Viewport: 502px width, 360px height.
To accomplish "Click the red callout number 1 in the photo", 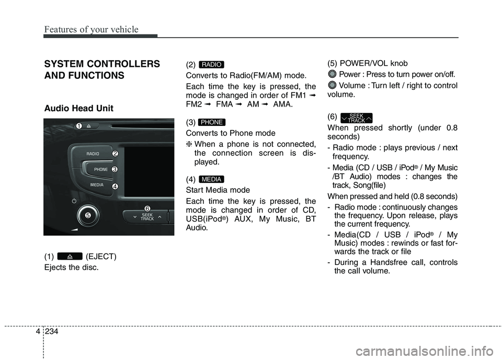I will (x=78, y=126).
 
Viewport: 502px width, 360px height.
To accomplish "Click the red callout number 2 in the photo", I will (x=115, y=153).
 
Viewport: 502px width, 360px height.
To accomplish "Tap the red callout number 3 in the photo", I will (x=115, y=169).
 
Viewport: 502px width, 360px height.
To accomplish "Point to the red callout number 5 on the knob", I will (x=88, y=215).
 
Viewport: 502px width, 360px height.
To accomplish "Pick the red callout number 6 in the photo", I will (x=147, y=209).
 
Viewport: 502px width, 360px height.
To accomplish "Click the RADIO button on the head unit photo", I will (x=93, y=154).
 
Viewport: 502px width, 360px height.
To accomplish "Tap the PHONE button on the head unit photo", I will (x=101, y=170).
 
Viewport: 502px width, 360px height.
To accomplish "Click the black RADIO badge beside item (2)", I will (x=212, y=65).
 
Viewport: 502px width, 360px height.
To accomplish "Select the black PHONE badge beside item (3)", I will (x=212, y=122).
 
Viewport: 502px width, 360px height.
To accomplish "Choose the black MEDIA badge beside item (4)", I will (x=212, y=179).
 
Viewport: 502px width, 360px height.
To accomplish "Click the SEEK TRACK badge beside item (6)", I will (x=356, y=118).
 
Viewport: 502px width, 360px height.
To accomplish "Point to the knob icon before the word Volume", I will (x=333, y=86).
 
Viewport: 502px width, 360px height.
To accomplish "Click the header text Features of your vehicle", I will (x=91, y=29).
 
